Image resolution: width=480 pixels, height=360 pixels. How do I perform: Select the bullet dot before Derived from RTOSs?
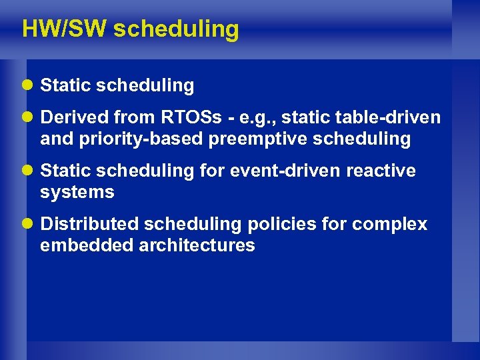[29, 118]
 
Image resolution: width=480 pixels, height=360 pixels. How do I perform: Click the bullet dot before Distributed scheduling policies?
[29, 225]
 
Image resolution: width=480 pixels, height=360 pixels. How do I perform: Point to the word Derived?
[74, 118]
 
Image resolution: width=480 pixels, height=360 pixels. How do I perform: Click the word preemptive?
[260, 139]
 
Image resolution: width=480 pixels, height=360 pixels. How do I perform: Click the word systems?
[77, 193]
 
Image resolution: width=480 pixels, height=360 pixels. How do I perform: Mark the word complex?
[389, 225]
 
